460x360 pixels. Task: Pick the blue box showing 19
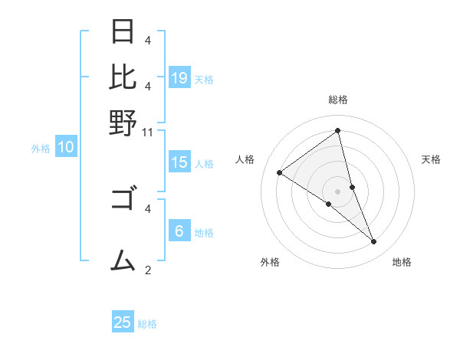coord(179,77)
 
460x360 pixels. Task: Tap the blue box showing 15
coord(179,162)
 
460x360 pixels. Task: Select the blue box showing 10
coord(66,148)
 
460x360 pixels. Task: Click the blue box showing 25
coord(123,322)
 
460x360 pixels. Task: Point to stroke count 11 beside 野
coord(148,132)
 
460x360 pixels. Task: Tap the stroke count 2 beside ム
coord(148,270)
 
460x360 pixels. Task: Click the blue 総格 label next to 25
coord(147,324)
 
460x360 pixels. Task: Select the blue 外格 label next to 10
coord(41,149)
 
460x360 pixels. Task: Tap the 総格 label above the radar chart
coord(337,100)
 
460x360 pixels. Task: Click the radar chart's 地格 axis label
coord(402,263)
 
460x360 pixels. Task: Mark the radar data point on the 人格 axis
coord(279,172)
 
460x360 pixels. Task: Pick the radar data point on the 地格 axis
coord(374,242)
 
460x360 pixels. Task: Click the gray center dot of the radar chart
coord(337,191)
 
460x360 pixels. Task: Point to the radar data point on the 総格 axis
coord(337,131)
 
